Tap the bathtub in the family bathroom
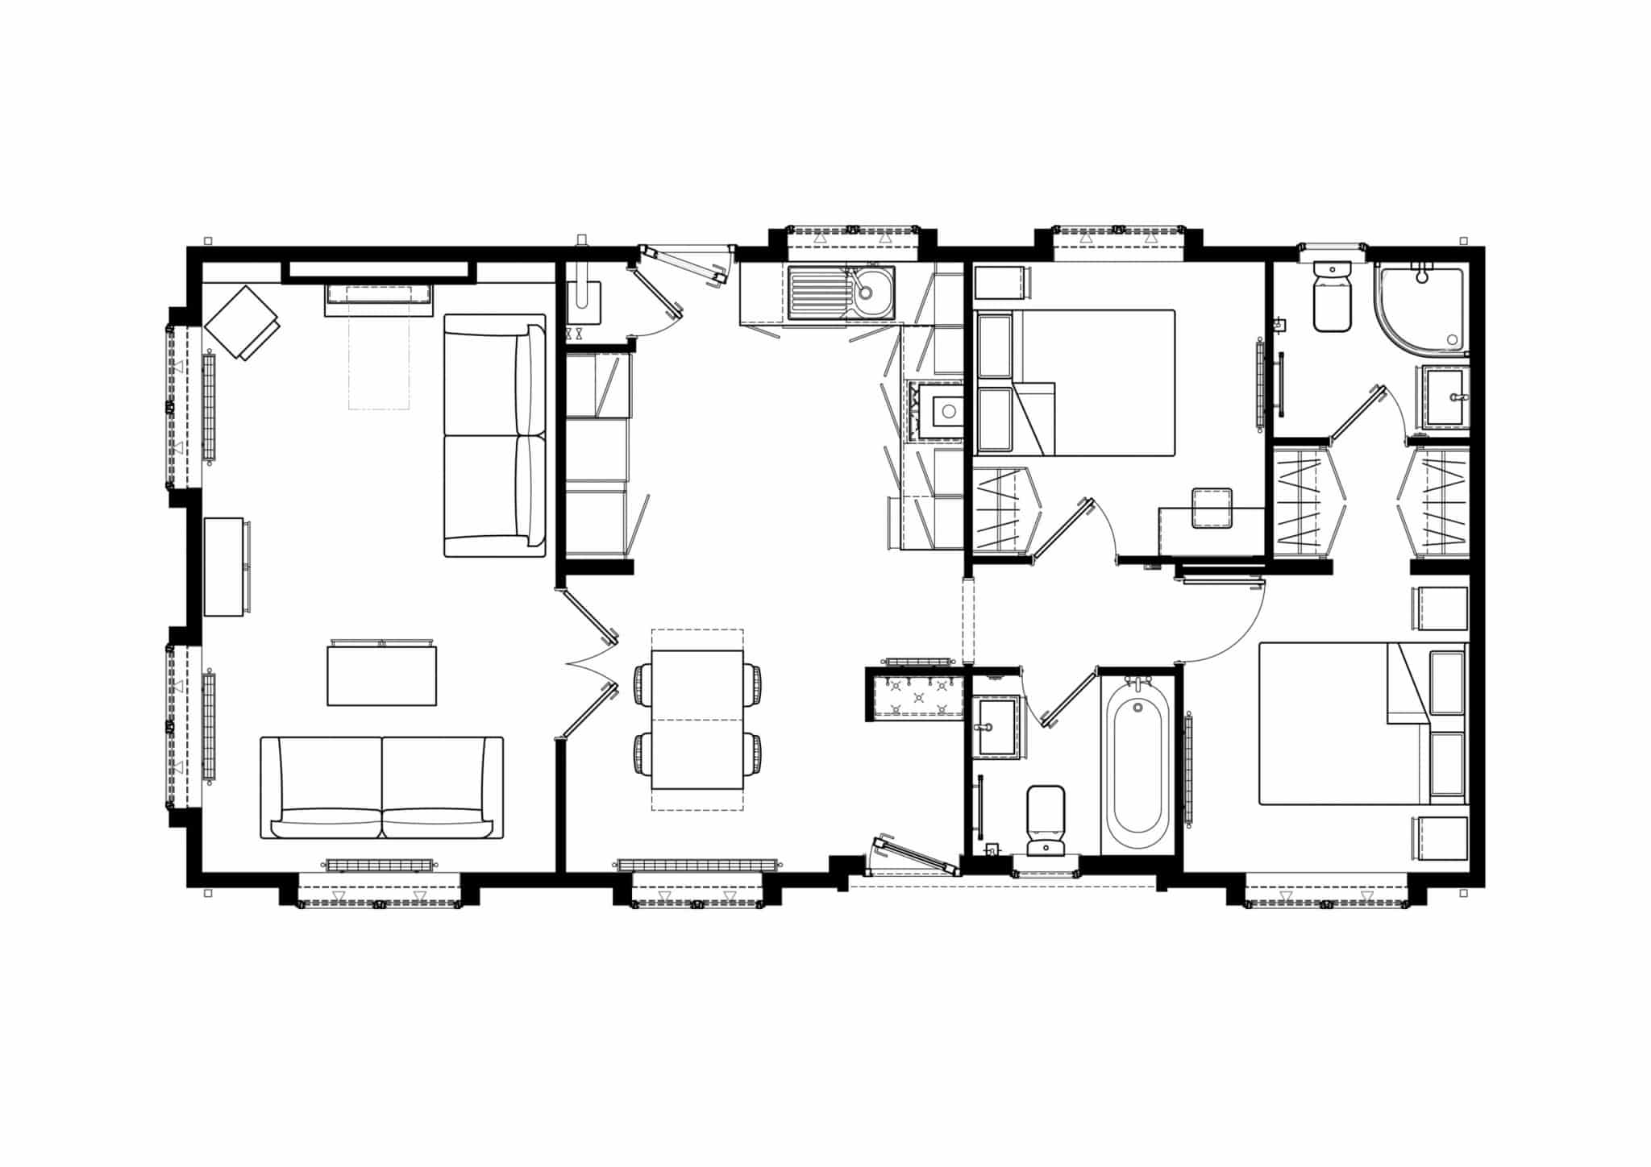1137,766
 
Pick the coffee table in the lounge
381,676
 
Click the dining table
697,720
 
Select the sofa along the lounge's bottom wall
381,788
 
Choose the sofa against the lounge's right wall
495,435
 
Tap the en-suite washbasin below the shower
1445,397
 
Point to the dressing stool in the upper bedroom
1212,508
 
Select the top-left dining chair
643,684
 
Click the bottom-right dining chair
751,753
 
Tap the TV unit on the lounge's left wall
224,567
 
